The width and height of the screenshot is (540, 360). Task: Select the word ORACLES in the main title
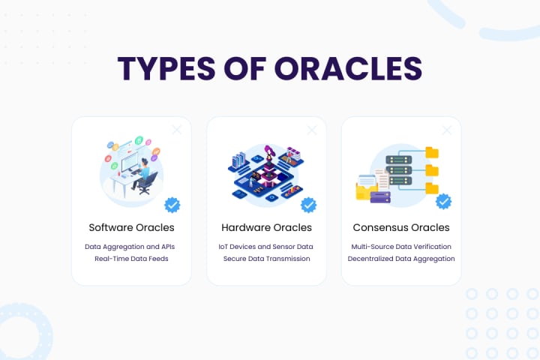(x=348, y=67)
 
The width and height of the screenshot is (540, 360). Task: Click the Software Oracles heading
(x=131, y=227)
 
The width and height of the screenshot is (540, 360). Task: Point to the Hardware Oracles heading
(x=266, y=227)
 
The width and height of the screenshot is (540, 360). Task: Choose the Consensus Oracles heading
(x=401, y=227)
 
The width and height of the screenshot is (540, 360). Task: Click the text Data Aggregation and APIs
(x=131, y=246)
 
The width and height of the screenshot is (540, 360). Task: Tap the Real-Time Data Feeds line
(x=131, y=259)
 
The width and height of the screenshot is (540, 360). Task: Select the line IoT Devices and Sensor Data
(x=266, y=246)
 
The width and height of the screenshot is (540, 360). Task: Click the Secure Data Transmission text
(x=266, y=259)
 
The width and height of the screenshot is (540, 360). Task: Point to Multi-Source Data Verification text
(x=401, y=246)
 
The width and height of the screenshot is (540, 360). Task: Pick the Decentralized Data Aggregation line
(x=401, y=259)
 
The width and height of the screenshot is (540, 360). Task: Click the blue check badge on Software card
(x=172, y=204)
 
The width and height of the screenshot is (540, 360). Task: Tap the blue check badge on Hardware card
(x=308, y=204)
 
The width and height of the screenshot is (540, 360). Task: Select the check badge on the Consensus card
(x=443, y=201)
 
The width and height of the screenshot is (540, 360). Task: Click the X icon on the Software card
(x=177, y=130)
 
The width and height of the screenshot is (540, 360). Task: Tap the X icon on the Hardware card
(x=312, y=130)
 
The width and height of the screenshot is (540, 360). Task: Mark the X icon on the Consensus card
(x=447, y=130)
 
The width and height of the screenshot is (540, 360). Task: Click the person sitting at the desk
(x=142, y=175)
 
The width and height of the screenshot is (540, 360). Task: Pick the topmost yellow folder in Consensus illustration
(x=432, y=153)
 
